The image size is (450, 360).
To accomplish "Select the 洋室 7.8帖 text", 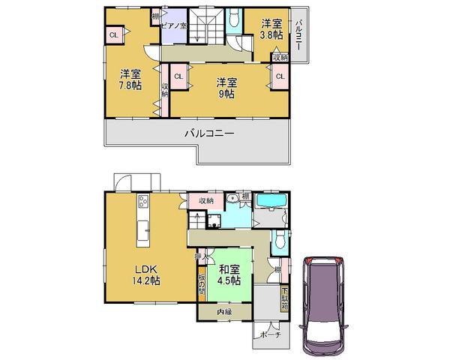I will (x=130, y=80).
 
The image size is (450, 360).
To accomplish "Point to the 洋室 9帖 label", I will (x=227, y=88).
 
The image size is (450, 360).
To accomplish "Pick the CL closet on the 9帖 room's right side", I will (x=280, y=76).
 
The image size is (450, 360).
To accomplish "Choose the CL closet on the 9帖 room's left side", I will (x=178, y=76).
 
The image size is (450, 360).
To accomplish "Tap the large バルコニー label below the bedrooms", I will (x=210, y=134).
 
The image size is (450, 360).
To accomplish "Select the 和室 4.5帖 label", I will (x=229, y=274).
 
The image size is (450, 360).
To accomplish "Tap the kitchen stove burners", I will (x=142, y=202).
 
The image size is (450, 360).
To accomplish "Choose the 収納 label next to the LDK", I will (x=205, y=200).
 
